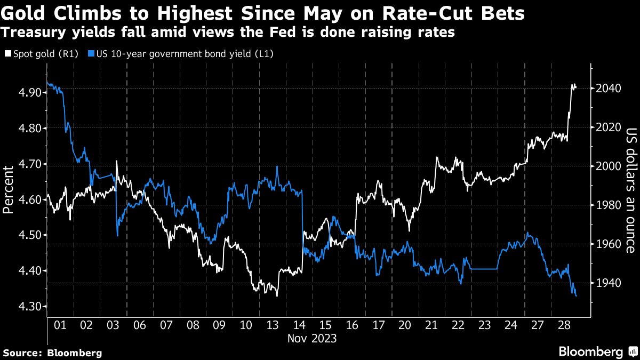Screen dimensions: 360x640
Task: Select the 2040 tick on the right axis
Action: [x=606, y=89]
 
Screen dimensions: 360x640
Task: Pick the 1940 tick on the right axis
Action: [x=606, y=283]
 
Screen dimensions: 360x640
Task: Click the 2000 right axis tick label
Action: [x=606, y=166]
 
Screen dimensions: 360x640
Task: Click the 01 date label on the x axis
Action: [x=60, y=325]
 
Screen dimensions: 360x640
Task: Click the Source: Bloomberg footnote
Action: [x=52, y=353]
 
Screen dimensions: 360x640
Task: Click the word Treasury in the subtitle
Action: [x=30, y=32]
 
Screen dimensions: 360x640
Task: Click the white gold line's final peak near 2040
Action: [x=573, y=85]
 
